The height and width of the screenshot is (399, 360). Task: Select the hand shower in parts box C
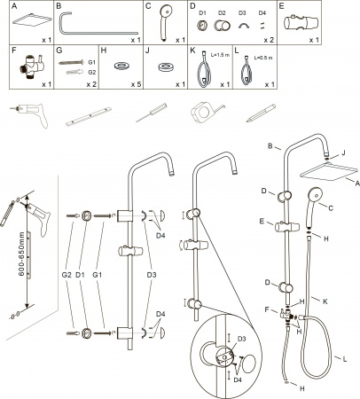(x=166, y=24)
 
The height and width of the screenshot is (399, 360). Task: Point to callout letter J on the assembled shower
(x=343, y=153)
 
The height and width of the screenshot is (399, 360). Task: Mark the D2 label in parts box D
(x=222, y=13)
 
